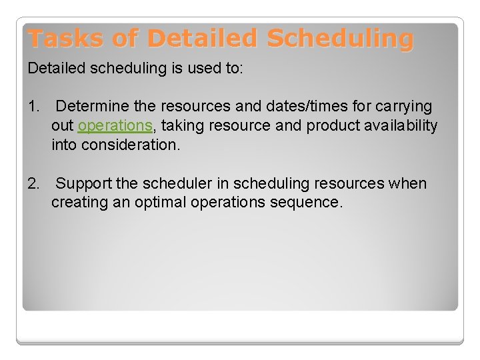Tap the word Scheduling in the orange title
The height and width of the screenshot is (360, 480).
coord(340,39)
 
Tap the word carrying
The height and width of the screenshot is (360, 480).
coord(403,106)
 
